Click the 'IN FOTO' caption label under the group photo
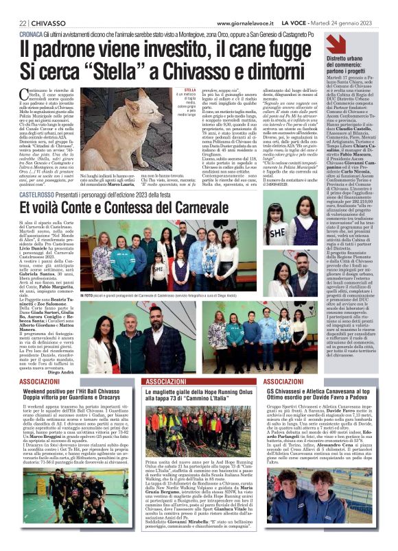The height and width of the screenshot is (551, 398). click(x=89, y=295)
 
